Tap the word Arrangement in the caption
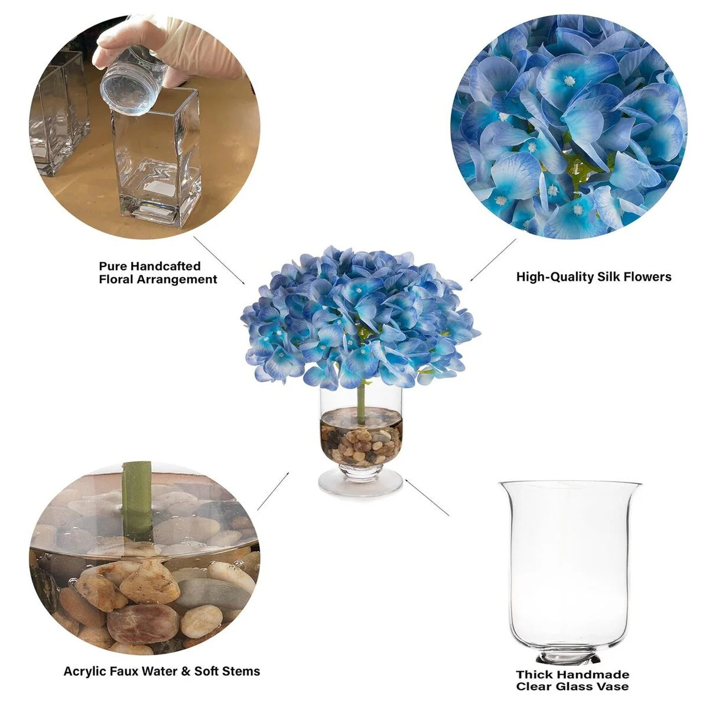[x=177, y=279]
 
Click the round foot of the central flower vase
[x=360, y=483]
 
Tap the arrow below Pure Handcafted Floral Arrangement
[x=219, y=260]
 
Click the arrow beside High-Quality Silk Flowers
[x=493, y=261]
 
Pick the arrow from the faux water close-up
[x=273, y=491]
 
